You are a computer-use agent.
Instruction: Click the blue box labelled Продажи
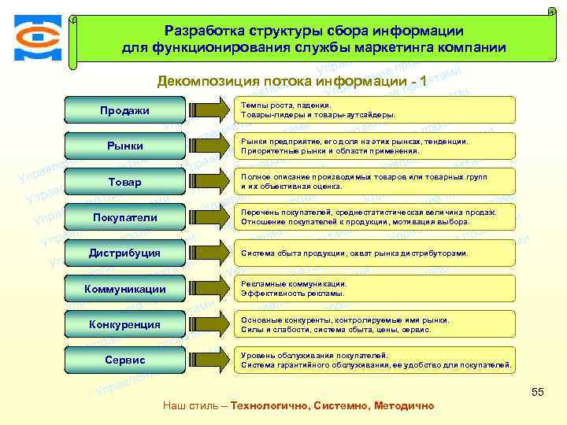pos(124,110)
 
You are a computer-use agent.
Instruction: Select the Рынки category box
pos(124,146)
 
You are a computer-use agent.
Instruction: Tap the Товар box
pos(124,182)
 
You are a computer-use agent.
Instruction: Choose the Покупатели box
pos(124,217)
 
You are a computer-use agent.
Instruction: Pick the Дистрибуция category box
pos(124,253)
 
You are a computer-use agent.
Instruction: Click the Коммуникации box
pos(124,289)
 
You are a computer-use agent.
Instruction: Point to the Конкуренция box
pos(124,324)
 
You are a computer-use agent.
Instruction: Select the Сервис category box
pos(124,360)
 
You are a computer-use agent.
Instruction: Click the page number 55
pos(538,391)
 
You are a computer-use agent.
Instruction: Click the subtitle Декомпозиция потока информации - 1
pos(292,82)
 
